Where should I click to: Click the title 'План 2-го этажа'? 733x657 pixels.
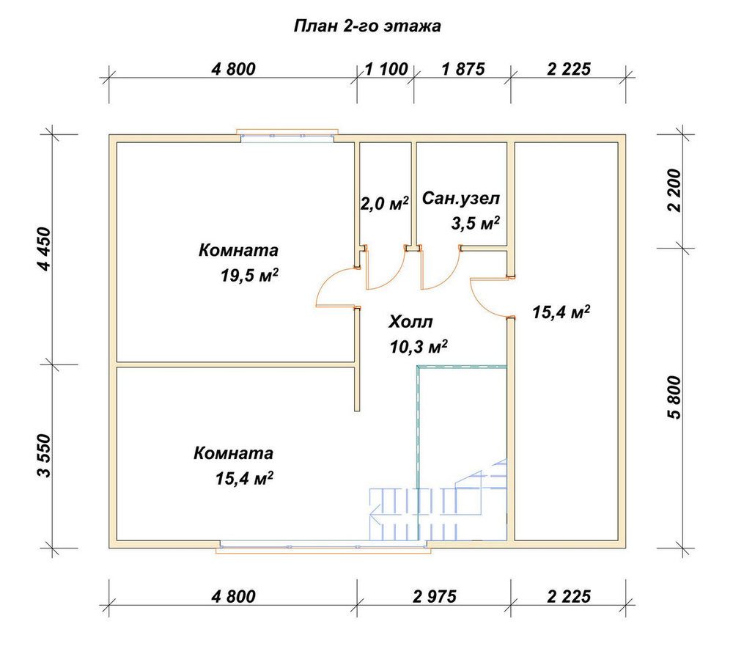click(367, 26)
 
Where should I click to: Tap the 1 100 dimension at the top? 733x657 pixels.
click(386, 69)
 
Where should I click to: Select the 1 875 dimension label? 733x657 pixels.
click(463, 69)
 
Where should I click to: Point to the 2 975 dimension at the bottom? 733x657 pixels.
click(434, 597)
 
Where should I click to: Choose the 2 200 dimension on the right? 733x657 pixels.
click(675, 191)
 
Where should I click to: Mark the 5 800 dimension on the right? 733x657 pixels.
click(675, 397)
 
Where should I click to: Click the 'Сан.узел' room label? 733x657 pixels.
click(461, 199)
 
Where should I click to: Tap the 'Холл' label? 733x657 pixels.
click(411, 322)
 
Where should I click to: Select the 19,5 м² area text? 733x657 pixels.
click(250, 275)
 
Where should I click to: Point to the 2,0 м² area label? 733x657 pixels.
click(385, 203)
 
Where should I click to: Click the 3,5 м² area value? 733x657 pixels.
click(476, 223)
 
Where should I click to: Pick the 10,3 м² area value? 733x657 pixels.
click(419, 347)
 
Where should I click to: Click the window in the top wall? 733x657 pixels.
click(287, 133)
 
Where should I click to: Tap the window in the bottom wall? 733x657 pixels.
click(323, 547)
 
